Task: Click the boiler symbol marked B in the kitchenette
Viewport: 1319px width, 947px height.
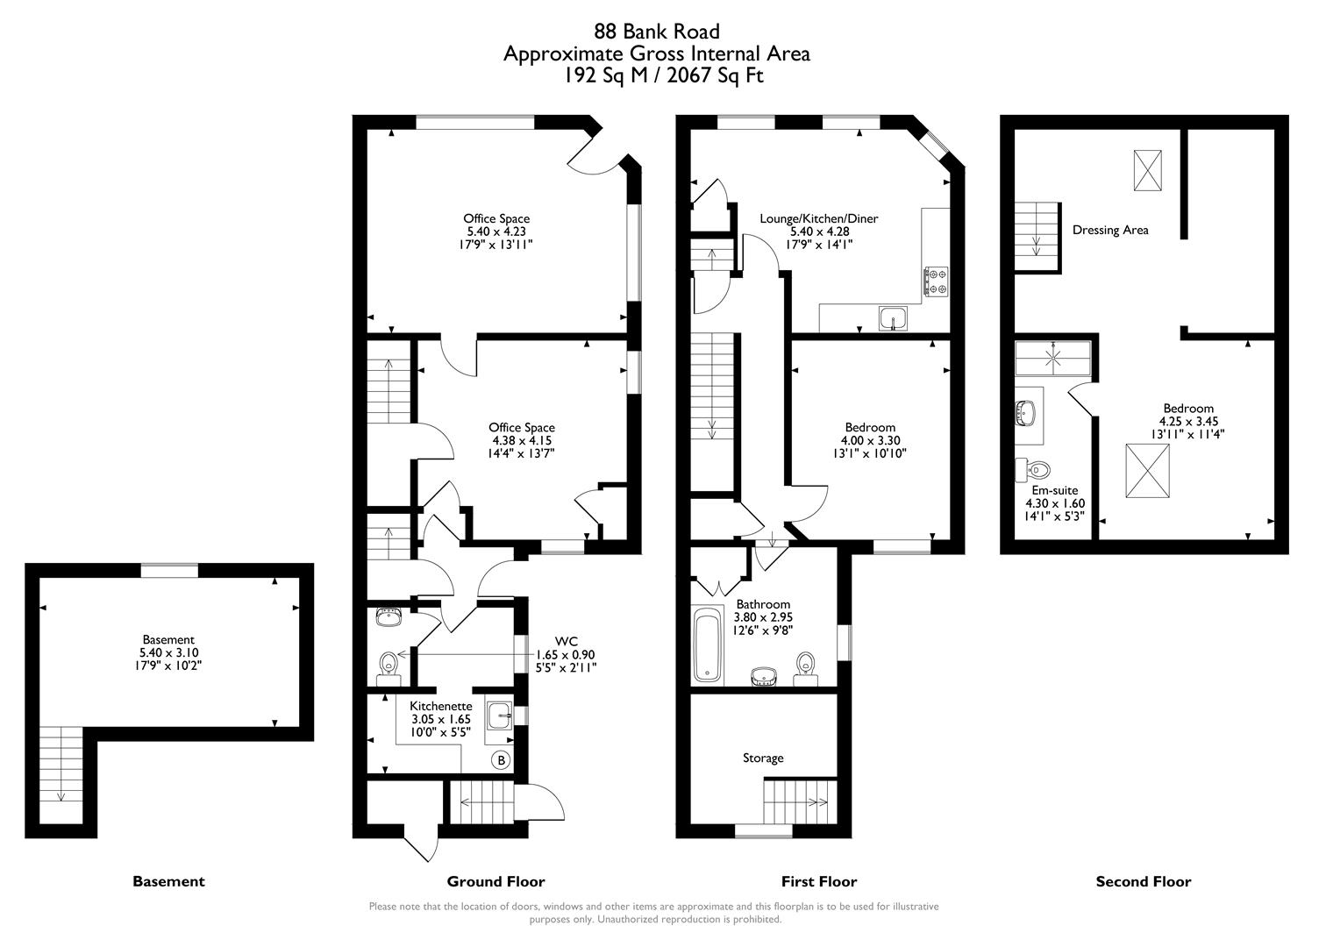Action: click(501, 760)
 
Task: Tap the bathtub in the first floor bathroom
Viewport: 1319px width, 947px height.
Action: click(707, 644)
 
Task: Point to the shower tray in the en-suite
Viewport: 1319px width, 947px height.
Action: click(1052, 358)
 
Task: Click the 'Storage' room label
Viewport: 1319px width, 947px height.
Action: click(763, 758)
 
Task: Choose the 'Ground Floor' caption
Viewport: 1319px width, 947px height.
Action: click(496, 881)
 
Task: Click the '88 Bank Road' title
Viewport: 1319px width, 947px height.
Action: click(657, 32)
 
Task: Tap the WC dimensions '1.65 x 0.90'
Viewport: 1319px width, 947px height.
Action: click(566, 654)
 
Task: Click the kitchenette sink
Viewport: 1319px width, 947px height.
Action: click(499, 715)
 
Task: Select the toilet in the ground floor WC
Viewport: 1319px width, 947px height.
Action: click(388, 666)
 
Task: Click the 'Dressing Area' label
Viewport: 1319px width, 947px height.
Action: click(1110, 230)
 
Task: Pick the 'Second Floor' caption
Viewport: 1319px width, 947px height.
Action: click(1144, 881)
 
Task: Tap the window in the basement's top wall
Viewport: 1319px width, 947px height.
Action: click(170, 570)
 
